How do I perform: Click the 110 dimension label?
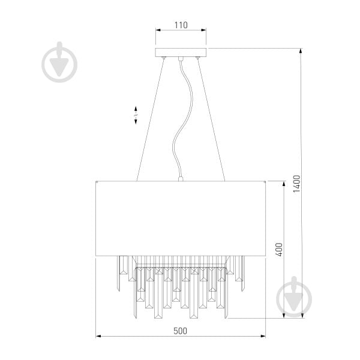[181, 25]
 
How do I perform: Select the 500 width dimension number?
[180, 331]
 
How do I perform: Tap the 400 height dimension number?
[279, 250]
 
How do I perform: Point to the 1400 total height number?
[297, 184]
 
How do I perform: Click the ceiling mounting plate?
[181, 52]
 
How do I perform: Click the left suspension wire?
[150, 120]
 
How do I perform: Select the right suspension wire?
[211, 120]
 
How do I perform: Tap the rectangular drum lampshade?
[181, 218]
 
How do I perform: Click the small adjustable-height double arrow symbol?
[136, 115]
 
